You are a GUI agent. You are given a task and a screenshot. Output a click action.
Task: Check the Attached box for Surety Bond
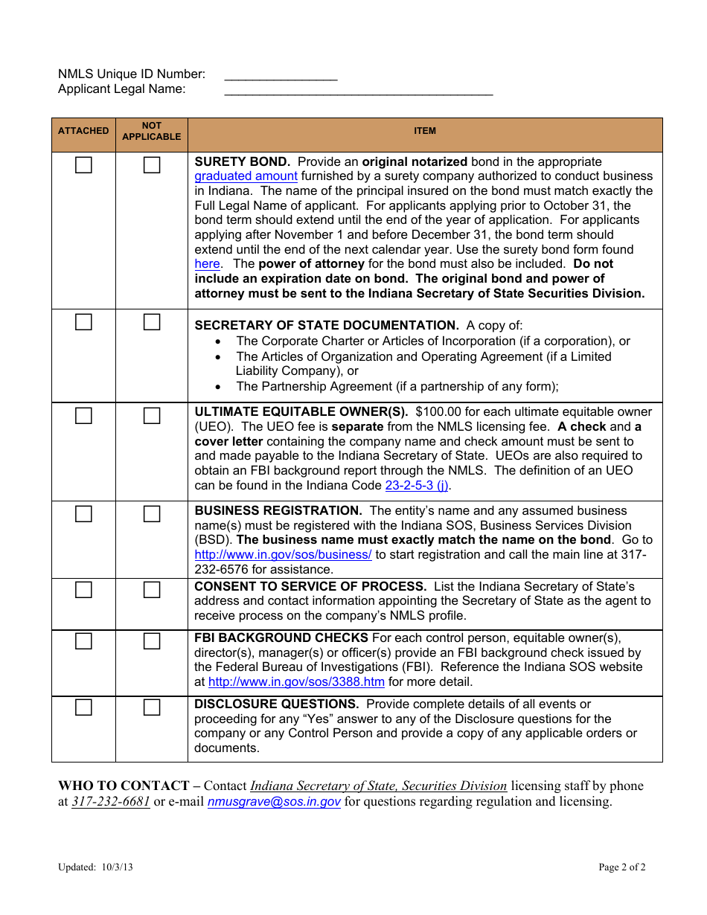coord(83,165)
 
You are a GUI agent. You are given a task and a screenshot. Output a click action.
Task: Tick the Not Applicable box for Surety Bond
coord(152,165)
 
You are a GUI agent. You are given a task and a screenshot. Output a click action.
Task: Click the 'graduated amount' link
coord(246,176)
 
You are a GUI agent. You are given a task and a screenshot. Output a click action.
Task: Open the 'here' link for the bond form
coord(207,264)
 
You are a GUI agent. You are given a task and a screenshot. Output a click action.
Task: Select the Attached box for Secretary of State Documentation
coord(83,322)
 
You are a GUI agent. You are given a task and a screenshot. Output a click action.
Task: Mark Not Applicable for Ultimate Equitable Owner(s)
coord(152,416)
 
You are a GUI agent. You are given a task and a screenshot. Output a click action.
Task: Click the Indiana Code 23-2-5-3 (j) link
coord(417,485)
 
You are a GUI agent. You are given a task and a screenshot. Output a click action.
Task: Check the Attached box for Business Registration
coord(83,514)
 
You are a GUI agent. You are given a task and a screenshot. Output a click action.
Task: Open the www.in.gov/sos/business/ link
coord(283,555)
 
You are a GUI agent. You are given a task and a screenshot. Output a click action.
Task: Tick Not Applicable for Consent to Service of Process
coord(152,590)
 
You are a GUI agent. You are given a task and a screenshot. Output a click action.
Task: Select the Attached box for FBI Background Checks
coord(83,641)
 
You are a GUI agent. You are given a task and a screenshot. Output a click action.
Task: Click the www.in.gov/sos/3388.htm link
coord(296,682)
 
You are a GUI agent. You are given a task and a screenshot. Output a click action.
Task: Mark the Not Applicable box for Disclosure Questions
coord(152,707)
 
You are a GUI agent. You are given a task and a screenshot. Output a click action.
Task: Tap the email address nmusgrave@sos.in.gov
coord(274,802)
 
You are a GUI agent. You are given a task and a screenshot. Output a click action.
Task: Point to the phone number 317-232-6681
coord(111,802)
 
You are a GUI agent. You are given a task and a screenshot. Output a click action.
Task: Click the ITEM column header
coord(425,131)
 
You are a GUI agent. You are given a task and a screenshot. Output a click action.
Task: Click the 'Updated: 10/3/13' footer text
coord(96,867)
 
